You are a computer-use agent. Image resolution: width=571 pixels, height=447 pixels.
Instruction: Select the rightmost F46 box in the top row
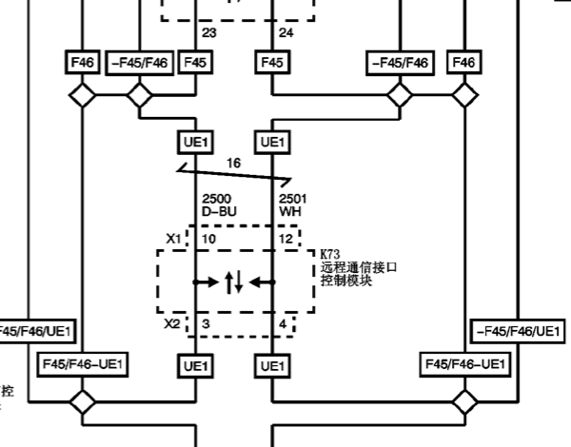(x=463, y=63)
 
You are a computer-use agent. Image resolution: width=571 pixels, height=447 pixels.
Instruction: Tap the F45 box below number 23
(x=195, y=63)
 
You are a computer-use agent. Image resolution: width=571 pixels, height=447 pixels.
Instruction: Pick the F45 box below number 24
(x=272, y=63)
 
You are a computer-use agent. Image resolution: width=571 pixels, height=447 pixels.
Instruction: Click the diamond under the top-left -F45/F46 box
(x=140, y=95)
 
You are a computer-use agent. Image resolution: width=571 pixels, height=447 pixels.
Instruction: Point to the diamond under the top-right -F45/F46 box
(x=399, y=95)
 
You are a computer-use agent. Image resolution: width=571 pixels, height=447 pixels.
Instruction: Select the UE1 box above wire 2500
(x=195, y=142)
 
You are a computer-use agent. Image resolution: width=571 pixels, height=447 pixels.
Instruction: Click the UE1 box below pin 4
(x=272, y=365)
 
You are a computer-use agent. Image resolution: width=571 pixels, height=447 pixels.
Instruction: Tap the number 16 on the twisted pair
(x=233, y=164)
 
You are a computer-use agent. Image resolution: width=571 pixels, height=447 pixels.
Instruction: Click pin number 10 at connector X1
(x=209, y=237)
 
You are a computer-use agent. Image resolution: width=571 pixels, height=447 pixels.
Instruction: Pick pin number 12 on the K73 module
(x=285, y=237)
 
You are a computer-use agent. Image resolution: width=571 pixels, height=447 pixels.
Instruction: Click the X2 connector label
(x=171, y=324)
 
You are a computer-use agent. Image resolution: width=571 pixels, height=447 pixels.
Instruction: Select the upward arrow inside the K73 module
(x=228, y=282)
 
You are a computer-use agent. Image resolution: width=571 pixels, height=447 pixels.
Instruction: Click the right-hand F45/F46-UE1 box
(x=464, y=365)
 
